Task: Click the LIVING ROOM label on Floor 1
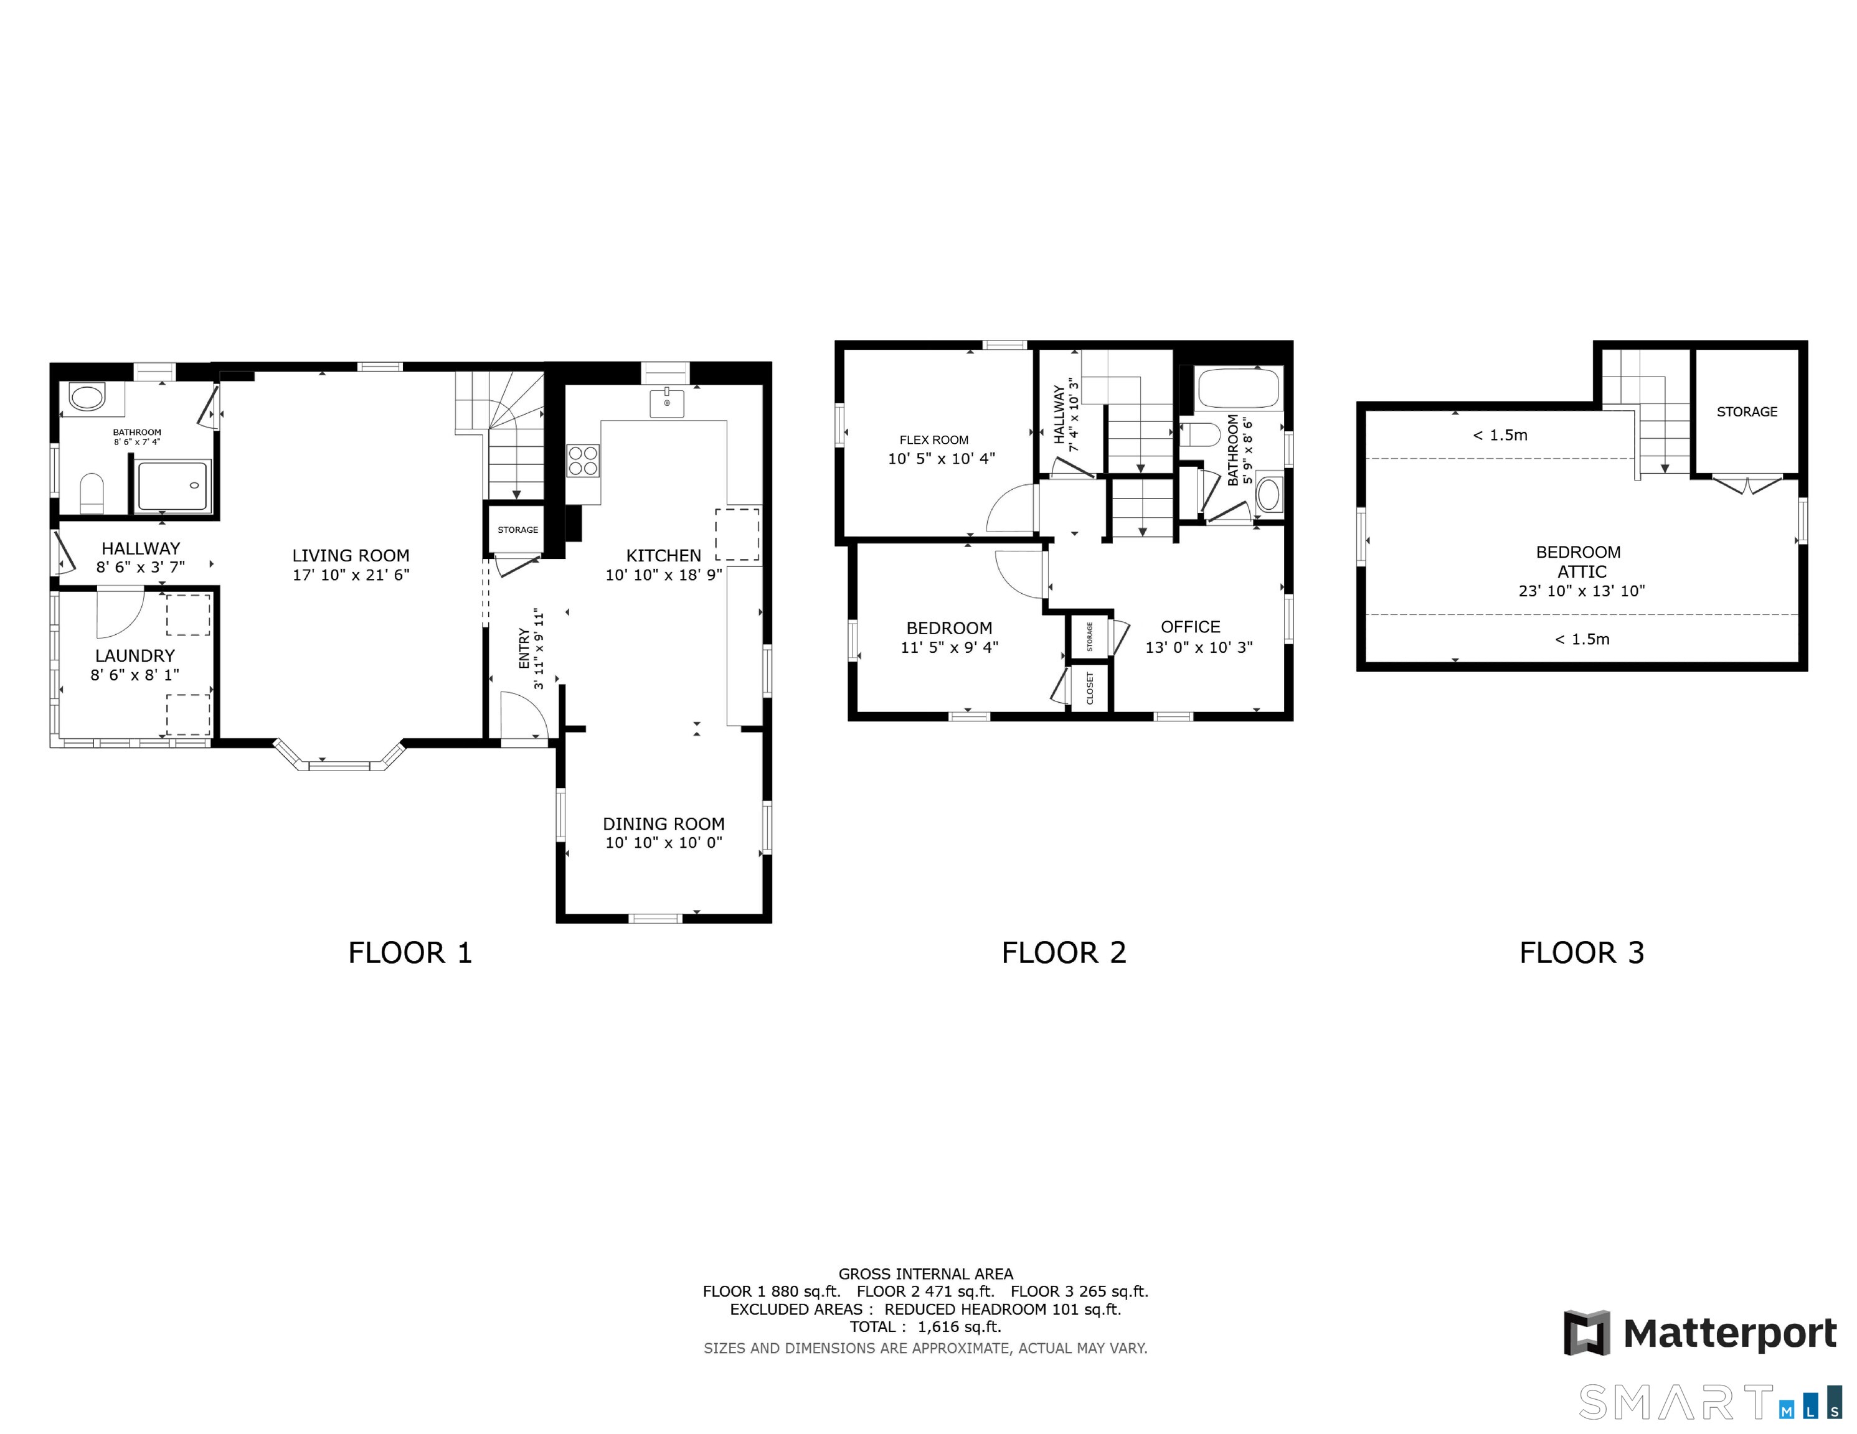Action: (x=351, y=555)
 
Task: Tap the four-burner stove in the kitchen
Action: (x=584, y=462)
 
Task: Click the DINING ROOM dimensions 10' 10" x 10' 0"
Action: (x=663, y=842)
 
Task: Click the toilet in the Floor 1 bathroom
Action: (x=92, y=493)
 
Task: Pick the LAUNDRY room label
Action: (x=135, y=655)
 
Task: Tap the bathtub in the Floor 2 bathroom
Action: (x=1238, y=390)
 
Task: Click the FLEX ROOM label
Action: (x=933, y=439)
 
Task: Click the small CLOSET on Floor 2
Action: (x=1090, y=688)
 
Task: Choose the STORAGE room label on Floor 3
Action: (x=1746, y=411)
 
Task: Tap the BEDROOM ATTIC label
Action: (x=1581, y=562)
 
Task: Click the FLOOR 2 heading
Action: (x=1063, y=953)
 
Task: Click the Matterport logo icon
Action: (x=1587, y=1333)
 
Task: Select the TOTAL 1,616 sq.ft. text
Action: (x=925, y=1327)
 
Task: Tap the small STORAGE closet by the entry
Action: (x=517, y=530)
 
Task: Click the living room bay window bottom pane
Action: (x=339, y=766)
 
